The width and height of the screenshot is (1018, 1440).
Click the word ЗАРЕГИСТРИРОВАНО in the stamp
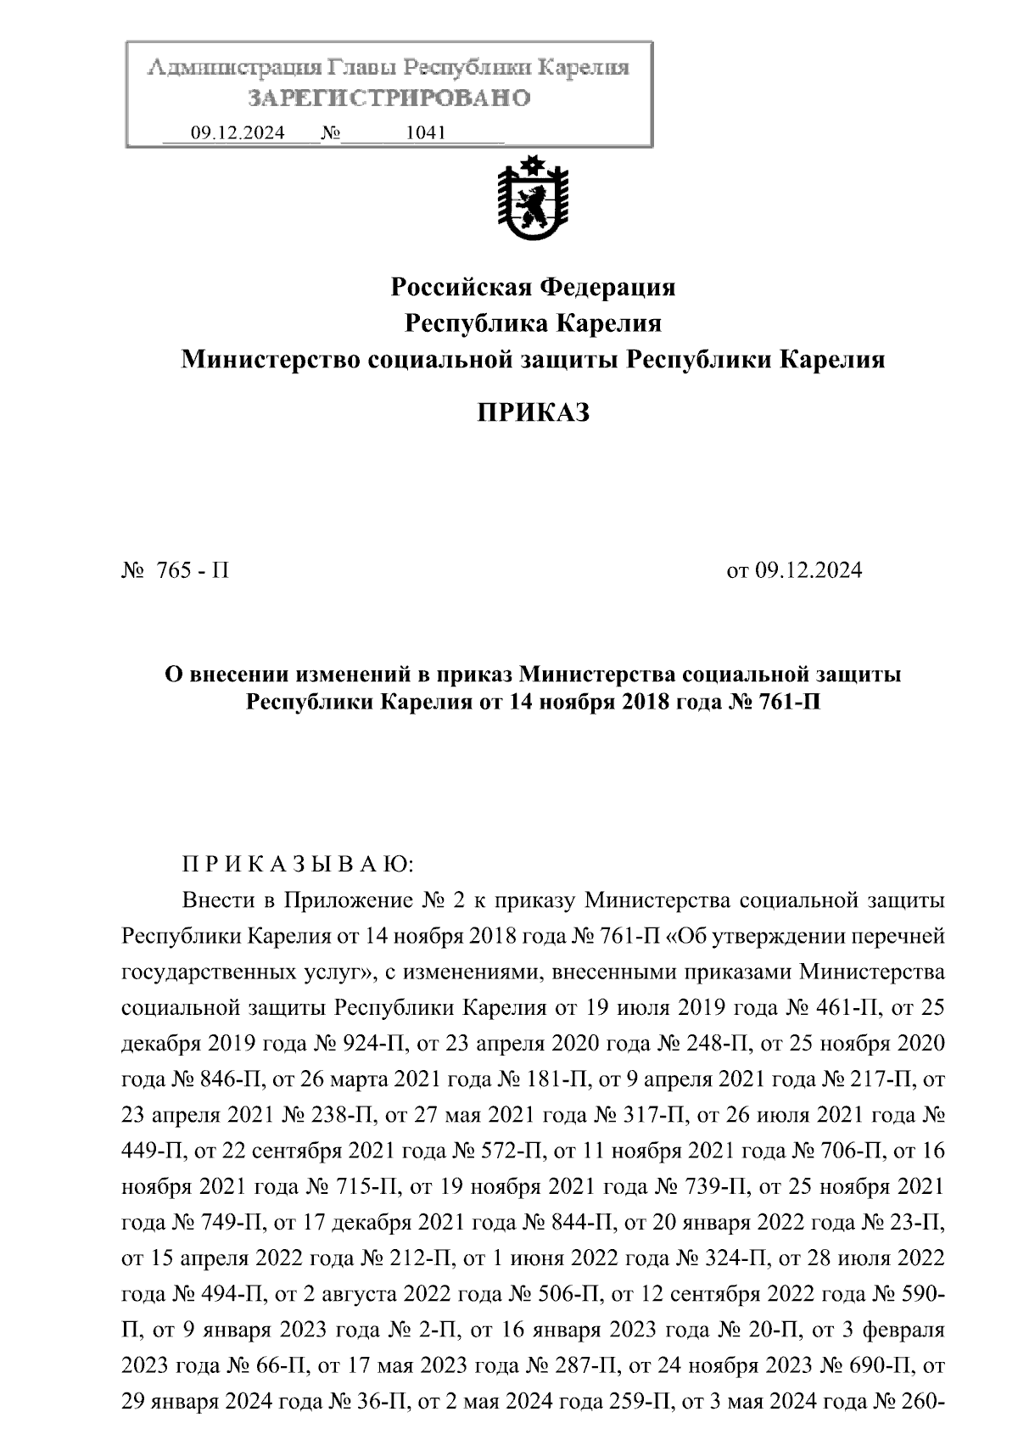click(x=389, y=98)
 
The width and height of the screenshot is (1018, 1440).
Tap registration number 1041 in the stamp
click(x=426, y=133)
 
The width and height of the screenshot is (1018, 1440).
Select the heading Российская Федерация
click(x=533, y=288)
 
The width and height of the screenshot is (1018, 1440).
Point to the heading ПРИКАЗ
click(x=533, y=413)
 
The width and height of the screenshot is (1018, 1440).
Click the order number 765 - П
click(x=192, y=570)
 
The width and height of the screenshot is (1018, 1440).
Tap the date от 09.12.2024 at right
click(x=794, y=570)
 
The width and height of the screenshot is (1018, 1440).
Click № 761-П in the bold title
click(x=774, y=703)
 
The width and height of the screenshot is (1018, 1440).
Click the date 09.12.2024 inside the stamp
click(x=238, y=133)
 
